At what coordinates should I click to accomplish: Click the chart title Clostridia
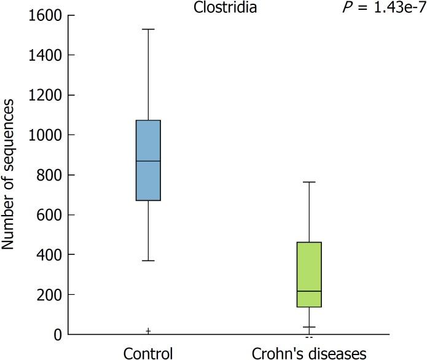tap(233, 9)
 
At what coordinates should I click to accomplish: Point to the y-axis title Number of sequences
tap(9, 175)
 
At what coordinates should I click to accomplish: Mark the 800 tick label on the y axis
tap(46, 175)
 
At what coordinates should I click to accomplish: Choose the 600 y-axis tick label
tap(46, 215)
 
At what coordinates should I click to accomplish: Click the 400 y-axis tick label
tap(46, 255)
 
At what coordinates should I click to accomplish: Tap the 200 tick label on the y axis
tap(46, 295)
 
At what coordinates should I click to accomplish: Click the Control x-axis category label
tap(148, 353)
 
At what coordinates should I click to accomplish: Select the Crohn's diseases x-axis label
tap(309, 353)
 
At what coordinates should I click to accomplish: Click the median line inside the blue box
tap(148, 161)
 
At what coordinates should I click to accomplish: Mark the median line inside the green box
tap(309, 291)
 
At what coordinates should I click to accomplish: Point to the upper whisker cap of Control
tap(148, 29)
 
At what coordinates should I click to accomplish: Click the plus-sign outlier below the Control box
tap(148, 331)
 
